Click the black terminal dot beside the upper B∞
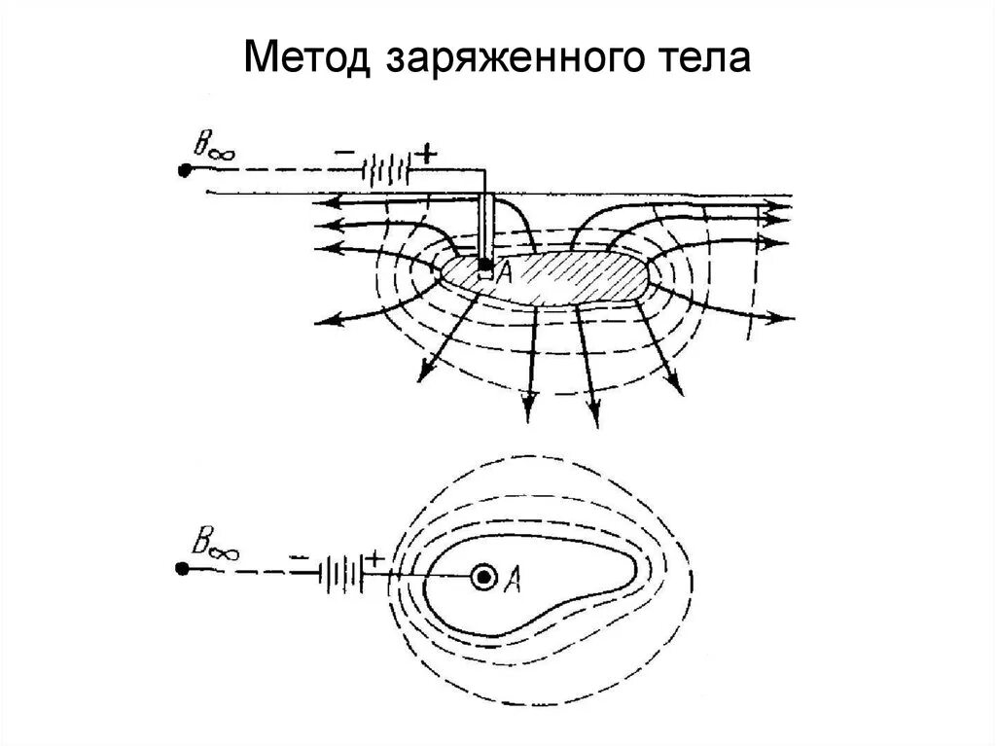[x=184, y=171]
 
